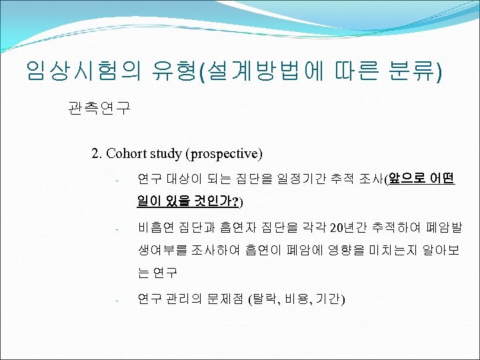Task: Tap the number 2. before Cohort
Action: point(97,154)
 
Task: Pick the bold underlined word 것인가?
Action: point(216,200)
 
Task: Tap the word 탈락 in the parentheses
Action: point(264,299)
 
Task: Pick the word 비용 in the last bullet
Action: point(297,299)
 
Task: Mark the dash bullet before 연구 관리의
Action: point(115,300)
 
